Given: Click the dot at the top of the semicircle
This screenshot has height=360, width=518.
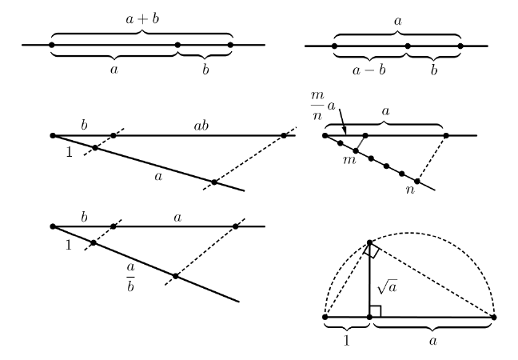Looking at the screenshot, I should pyautogui.click(x=369, y=242).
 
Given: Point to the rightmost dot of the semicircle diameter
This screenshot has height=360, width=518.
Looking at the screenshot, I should pyautogui.click(x=494, y=318).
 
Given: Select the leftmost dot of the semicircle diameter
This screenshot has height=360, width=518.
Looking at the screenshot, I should pyautogui.click(x=325, y=318).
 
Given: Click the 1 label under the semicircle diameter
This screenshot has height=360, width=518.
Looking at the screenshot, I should pyautogui.click(x=346, y=339).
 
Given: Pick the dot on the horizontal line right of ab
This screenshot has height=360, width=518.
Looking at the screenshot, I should pyautogui.click(x=284, y=136).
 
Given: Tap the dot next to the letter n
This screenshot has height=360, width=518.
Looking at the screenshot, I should pyautogui.click(x=416, y=182).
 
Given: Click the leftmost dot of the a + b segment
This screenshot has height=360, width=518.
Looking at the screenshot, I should pyautogui.click(x=52, y=45).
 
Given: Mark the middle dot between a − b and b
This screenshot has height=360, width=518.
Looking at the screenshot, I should pyautogui.click(x=408, y=46).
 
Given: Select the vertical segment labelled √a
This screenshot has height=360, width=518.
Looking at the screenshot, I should pyautogui.click(x=369, y=280).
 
